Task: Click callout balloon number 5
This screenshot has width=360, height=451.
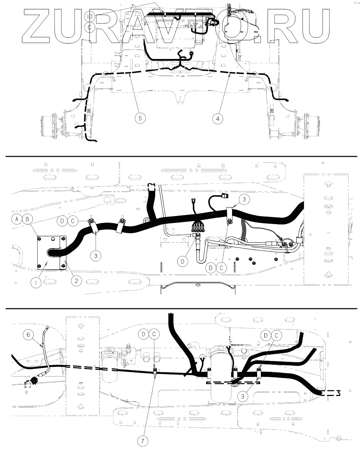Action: coord(140,118)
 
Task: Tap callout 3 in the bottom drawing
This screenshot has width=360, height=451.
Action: coord(244,396)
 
